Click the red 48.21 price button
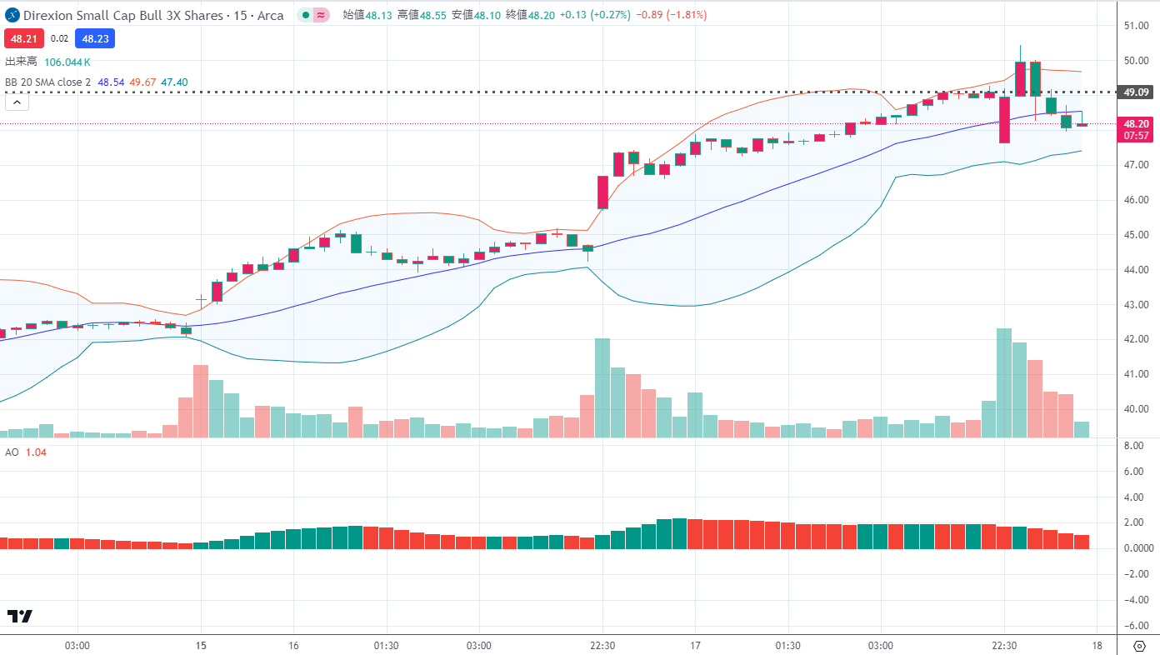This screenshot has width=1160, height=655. [23, 38]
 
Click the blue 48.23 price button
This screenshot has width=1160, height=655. [94, 38]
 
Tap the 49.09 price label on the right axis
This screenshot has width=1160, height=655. [1137, 92]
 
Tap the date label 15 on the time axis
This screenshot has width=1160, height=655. [200, 646]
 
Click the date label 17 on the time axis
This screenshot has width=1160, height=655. [695, 646]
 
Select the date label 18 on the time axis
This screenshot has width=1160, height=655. [1097, 646]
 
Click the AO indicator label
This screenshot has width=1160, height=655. [12, 452]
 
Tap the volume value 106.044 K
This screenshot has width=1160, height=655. [67, 62]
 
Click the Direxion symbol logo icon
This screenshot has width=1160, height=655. [12, 16]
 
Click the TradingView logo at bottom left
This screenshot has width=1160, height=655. [19, 617]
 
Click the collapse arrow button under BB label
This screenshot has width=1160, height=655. [17, 102]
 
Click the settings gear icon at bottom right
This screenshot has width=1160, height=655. [1139, 646]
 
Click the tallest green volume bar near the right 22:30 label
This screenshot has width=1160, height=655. [1004, 382]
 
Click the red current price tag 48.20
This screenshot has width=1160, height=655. [1137, 123]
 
